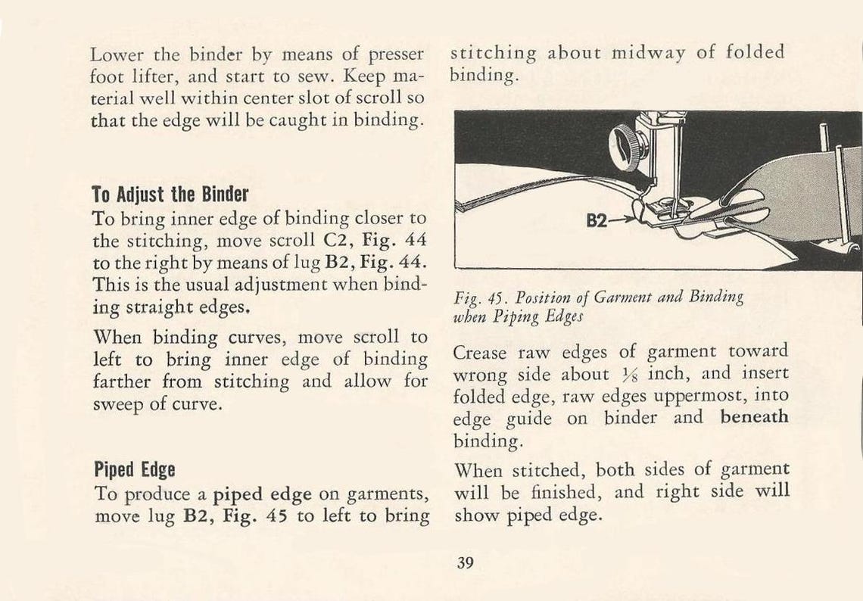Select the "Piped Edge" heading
point(134,469)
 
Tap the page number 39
point(465,562)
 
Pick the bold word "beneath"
point(753,417)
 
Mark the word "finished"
point(567,492)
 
